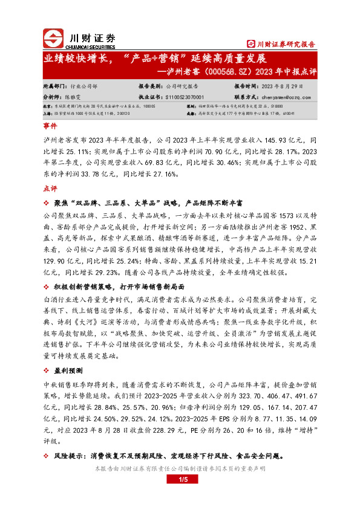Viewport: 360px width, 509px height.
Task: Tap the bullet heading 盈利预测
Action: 71,369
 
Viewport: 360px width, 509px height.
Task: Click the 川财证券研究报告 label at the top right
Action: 281,44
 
